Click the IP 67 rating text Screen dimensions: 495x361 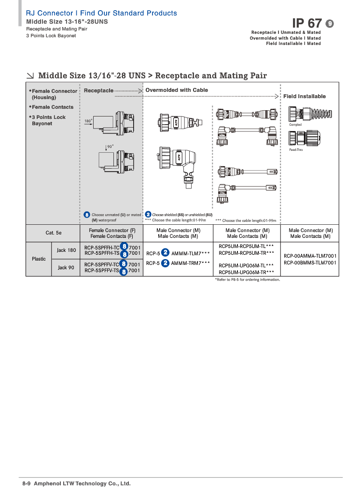click(x=307, y=23)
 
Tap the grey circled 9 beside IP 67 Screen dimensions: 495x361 click(x=330, y=24)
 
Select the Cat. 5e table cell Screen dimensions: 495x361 click(x=54, y=233)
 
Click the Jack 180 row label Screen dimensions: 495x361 click(x=66, y=250)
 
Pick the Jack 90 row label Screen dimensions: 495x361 click(x=66, y=267)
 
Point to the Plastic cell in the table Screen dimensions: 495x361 click(x=39, y=259)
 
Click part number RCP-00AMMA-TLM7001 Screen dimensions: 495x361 click(x=310, y=256)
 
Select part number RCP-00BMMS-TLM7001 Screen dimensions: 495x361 click(x=310, y=262)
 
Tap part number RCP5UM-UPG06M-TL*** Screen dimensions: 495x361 click(x=246, y=265)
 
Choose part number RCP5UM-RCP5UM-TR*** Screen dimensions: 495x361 click(x=246, y=252)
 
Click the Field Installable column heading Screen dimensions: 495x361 click(x=305, y=96)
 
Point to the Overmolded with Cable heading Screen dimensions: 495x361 click(x=177, y=90)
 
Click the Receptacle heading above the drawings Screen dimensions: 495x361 click(x=98, y=90)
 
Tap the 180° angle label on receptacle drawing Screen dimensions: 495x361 click(x=88, y=121)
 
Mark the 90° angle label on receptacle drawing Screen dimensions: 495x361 click(x=110, y=146)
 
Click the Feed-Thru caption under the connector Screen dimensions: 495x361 click(x=296, y=150)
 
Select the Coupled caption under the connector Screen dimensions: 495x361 click(x=295, y=125)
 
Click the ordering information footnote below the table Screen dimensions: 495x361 click(x=247, y=279)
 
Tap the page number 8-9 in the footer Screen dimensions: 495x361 click(x=27, y=483)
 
